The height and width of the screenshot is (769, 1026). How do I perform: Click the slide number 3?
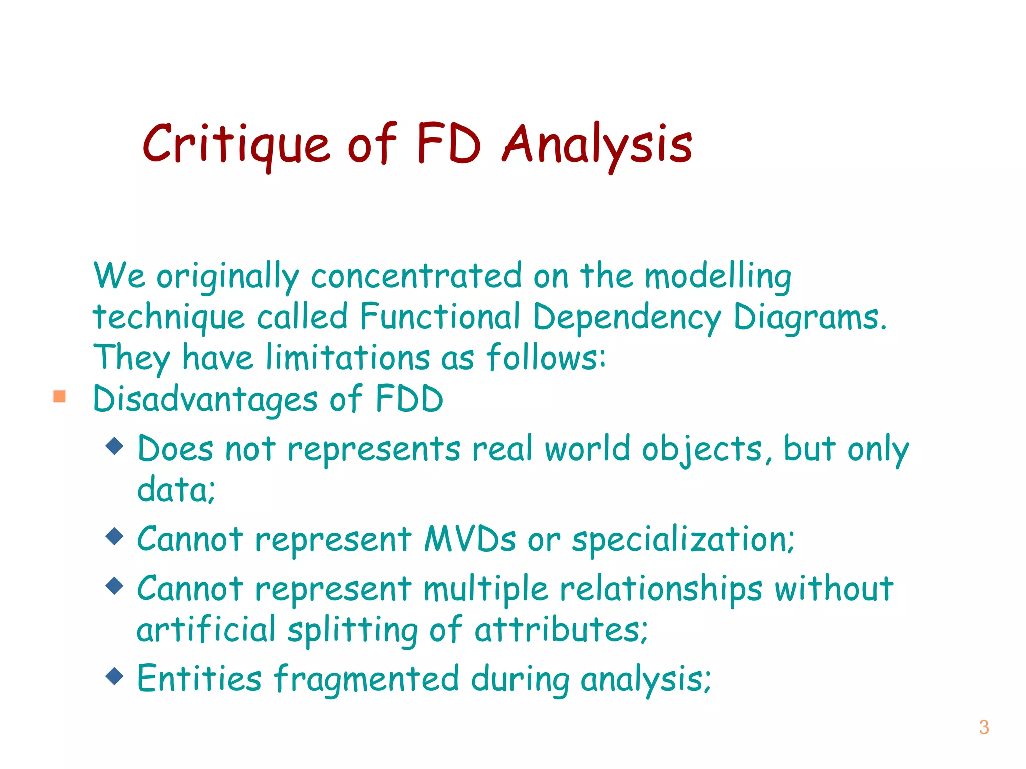(x=984, y=727)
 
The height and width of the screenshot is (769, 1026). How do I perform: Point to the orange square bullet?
(x=60, y=397)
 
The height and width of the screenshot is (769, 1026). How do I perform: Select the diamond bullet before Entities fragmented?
(x=115, y=676)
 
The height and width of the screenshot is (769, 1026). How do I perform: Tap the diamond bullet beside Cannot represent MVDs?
(x=115, y=536)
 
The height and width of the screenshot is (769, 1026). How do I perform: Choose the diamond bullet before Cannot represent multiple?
(x=115, y=585)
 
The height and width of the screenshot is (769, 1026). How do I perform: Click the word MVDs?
(x=470, y=539)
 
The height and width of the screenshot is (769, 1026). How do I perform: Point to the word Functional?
(x=440, y=317)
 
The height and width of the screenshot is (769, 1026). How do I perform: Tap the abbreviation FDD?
(x=409, y=400)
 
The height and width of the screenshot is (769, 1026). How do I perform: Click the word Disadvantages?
(x=205, y=400)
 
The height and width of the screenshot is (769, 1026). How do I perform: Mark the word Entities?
(x=199, y=679)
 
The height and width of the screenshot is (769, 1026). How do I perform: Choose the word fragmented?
(x=366, y=680)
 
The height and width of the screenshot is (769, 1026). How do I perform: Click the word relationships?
(x=661, y=589)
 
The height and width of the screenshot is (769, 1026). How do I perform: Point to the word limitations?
(x=348, y=358)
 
